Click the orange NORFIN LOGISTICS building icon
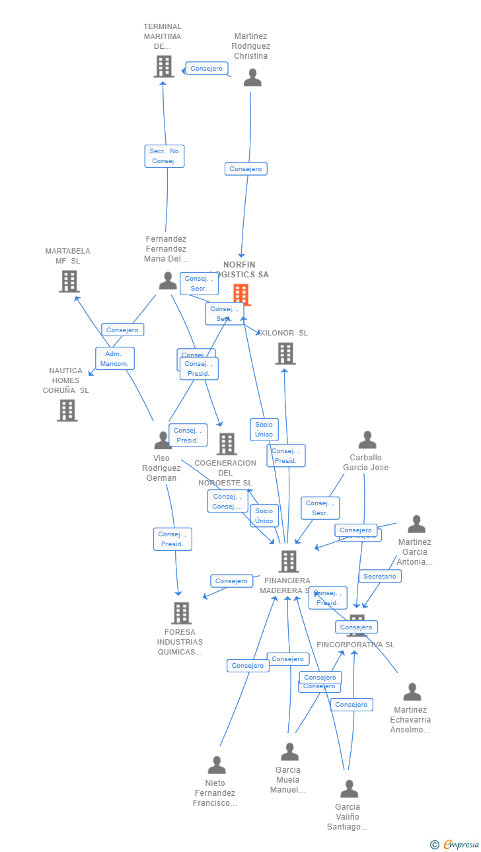coord(241,294)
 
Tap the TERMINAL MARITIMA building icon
coord(164,66)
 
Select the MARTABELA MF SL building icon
coord(69,281)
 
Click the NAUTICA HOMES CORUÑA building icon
coord(67,410)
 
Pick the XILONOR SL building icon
coord(285,353)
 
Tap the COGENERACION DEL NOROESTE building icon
coord(227,444)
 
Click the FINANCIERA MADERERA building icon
coord(289,561)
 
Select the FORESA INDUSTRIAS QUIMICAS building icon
coord(181,613)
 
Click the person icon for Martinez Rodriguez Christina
coord(252,78)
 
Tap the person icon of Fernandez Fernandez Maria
coord(168,281)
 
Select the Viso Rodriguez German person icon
coord(163,441)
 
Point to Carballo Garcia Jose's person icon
coord(367,440)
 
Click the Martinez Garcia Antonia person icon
coord(416,524)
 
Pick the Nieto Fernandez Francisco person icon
coord(217,765)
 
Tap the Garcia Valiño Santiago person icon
coord(349,789)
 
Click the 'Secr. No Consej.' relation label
coord(165,156)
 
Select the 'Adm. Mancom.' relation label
coord(115,359)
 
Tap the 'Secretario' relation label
coord(380,577)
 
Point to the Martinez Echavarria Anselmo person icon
coord(412,692)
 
